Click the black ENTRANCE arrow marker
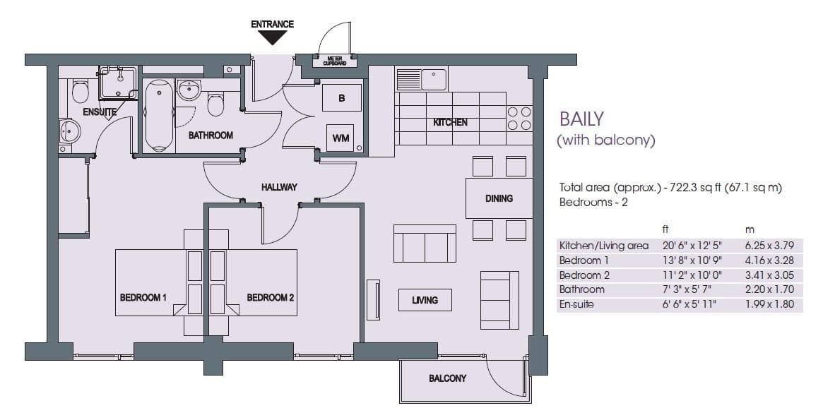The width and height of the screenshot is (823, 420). (272, 38)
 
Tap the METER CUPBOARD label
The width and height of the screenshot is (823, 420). (334, 61)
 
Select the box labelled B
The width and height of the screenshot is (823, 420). (342, 98)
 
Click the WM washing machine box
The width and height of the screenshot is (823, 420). (341, 138)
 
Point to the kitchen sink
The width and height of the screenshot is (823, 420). (433, 79)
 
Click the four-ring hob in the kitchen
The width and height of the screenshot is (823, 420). (519, 119)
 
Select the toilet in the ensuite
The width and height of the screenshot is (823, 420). (80, 92)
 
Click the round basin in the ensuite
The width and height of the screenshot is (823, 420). (70, 131)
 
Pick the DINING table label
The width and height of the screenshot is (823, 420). (499, 198)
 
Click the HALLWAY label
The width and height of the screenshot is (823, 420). (279, 187)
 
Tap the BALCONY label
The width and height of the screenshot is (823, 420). (447, 379)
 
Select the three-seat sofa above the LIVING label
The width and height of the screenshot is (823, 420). (425, 244)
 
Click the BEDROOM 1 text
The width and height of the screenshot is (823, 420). (143, 298)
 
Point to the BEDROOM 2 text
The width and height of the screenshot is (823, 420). (270, 298)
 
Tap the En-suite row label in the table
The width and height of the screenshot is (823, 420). (576, 304)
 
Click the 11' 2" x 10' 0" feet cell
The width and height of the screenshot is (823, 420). (677, 275)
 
